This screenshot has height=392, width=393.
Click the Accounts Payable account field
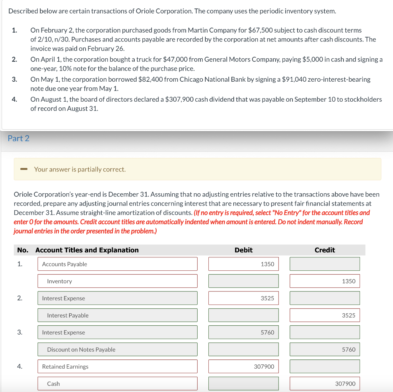tap(117, 264)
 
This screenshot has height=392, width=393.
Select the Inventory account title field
tap(117, 281)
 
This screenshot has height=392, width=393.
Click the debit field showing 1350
tap(243, 264)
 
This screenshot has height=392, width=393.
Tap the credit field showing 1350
tap(325, 281)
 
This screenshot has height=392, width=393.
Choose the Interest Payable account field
tap(117, 315)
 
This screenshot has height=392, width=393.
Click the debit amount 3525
tap(243, 298)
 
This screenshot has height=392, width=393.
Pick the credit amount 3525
tap(325, 315)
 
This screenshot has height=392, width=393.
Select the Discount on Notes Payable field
tap(117, 349)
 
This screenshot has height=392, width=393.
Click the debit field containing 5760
tap(243, 332)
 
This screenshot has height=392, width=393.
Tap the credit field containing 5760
tap(325, 349)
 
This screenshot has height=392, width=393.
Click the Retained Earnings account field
tap(117, 366)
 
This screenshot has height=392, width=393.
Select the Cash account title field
tap(117, 384)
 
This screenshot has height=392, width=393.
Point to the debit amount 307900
tap(243, 366)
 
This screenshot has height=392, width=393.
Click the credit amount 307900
tap(325, 384)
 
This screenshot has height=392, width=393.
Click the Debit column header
tap(243, 250)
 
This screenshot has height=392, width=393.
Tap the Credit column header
tap(325, 250)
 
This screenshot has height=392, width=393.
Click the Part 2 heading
tap(18, 138)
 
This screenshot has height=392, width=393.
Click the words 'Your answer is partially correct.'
tap(80, 169)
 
